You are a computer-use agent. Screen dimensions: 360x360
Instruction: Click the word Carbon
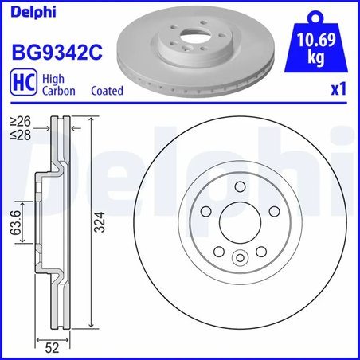[x=58, y=92]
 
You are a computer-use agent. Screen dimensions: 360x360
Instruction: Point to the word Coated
[x=107, y=92]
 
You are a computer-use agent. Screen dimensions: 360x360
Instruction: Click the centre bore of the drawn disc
[x=238, y=221]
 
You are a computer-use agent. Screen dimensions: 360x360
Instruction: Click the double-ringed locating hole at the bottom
[x=238, y=258]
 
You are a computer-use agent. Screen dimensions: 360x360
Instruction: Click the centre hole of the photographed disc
[x=185, y=39]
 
